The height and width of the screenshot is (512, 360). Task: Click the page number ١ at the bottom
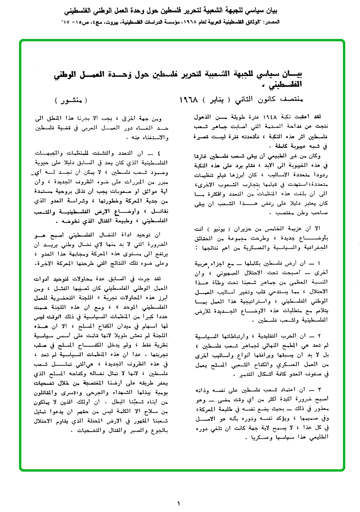pyautogui.click(x=179, y=503)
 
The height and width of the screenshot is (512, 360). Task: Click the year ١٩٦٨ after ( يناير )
pyautogui.click(x=191, y=102)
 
